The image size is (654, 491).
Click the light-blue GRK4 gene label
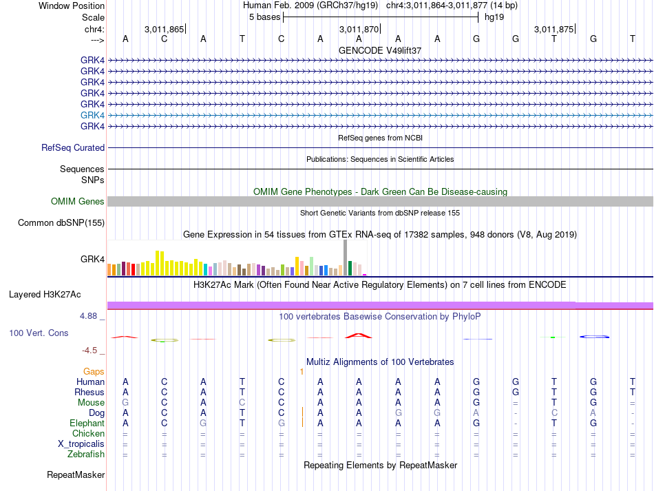92,115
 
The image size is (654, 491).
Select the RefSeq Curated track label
73,147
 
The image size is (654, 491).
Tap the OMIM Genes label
78,202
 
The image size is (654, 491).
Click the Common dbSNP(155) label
61,222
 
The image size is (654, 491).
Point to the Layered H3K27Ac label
45,295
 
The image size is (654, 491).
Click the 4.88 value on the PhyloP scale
88,316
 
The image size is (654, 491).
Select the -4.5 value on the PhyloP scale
89,351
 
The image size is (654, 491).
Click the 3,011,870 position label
359,29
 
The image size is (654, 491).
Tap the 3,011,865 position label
164,29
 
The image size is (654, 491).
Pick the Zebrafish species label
86,455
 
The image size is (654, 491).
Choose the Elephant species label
87,424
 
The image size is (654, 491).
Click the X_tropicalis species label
81,444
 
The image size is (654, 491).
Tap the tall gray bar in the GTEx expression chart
346,258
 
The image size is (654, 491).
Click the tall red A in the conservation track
358,335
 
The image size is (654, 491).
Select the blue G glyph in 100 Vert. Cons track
594,337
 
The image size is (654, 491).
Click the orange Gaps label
94,372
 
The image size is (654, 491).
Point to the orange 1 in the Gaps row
302,372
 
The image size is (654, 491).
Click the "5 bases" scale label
265,17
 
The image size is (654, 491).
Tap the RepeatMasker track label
76,474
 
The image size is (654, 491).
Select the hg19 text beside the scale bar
494,17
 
